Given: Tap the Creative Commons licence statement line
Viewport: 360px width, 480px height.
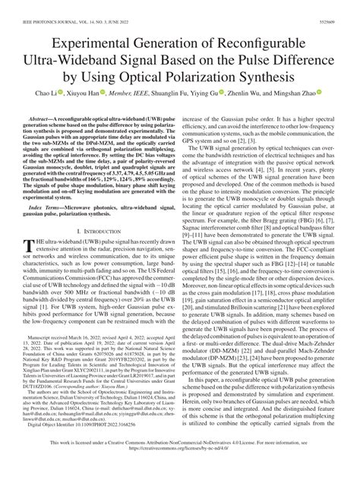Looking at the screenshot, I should [x=179, y=464].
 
